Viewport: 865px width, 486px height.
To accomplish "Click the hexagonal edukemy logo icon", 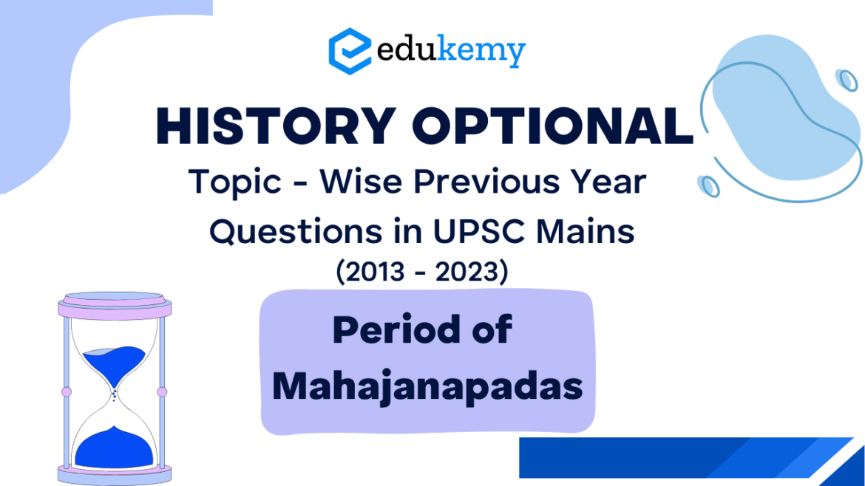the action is pos(350,51).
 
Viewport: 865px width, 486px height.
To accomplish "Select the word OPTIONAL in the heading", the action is pos(553,126).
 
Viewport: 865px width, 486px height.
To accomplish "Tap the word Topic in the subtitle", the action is pos(235,182).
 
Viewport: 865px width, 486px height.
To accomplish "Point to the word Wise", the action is pos(362,181).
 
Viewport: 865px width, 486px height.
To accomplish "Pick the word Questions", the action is pos(296,231).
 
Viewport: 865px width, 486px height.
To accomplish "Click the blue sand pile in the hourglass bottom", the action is pos(114,448).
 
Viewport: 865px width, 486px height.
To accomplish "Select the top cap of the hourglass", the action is pos(115,305).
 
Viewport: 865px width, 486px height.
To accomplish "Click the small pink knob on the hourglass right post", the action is pos(162,391).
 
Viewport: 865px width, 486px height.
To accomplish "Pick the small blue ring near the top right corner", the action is pos(847,80).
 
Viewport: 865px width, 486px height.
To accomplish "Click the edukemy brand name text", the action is pos(451,52).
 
